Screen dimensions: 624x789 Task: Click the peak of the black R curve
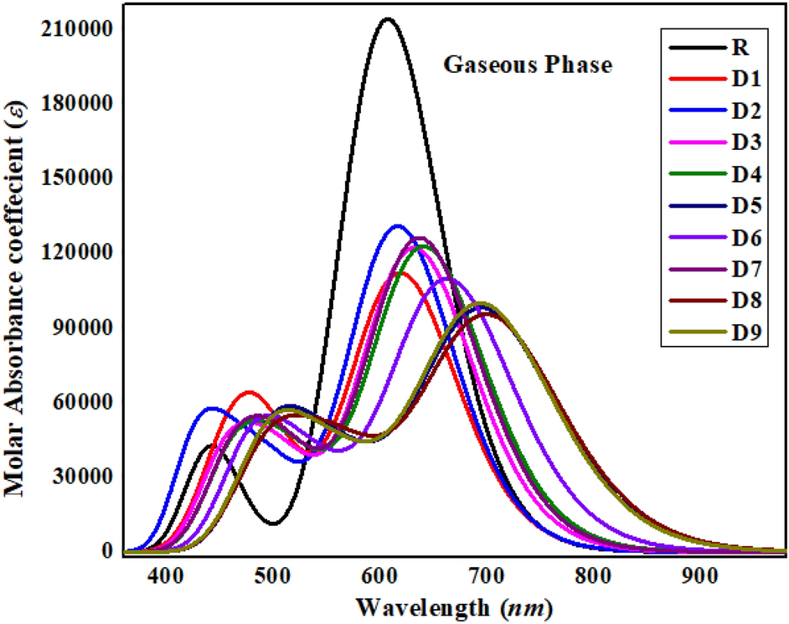pos(387,18)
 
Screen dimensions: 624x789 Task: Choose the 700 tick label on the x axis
pos(591,576)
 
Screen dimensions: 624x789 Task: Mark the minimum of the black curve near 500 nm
pos(274,523)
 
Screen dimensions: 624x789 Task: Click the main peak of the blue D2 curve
pos(398,225)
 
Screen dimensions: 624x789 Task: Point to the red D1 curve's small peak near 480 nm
pos(249,392)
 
